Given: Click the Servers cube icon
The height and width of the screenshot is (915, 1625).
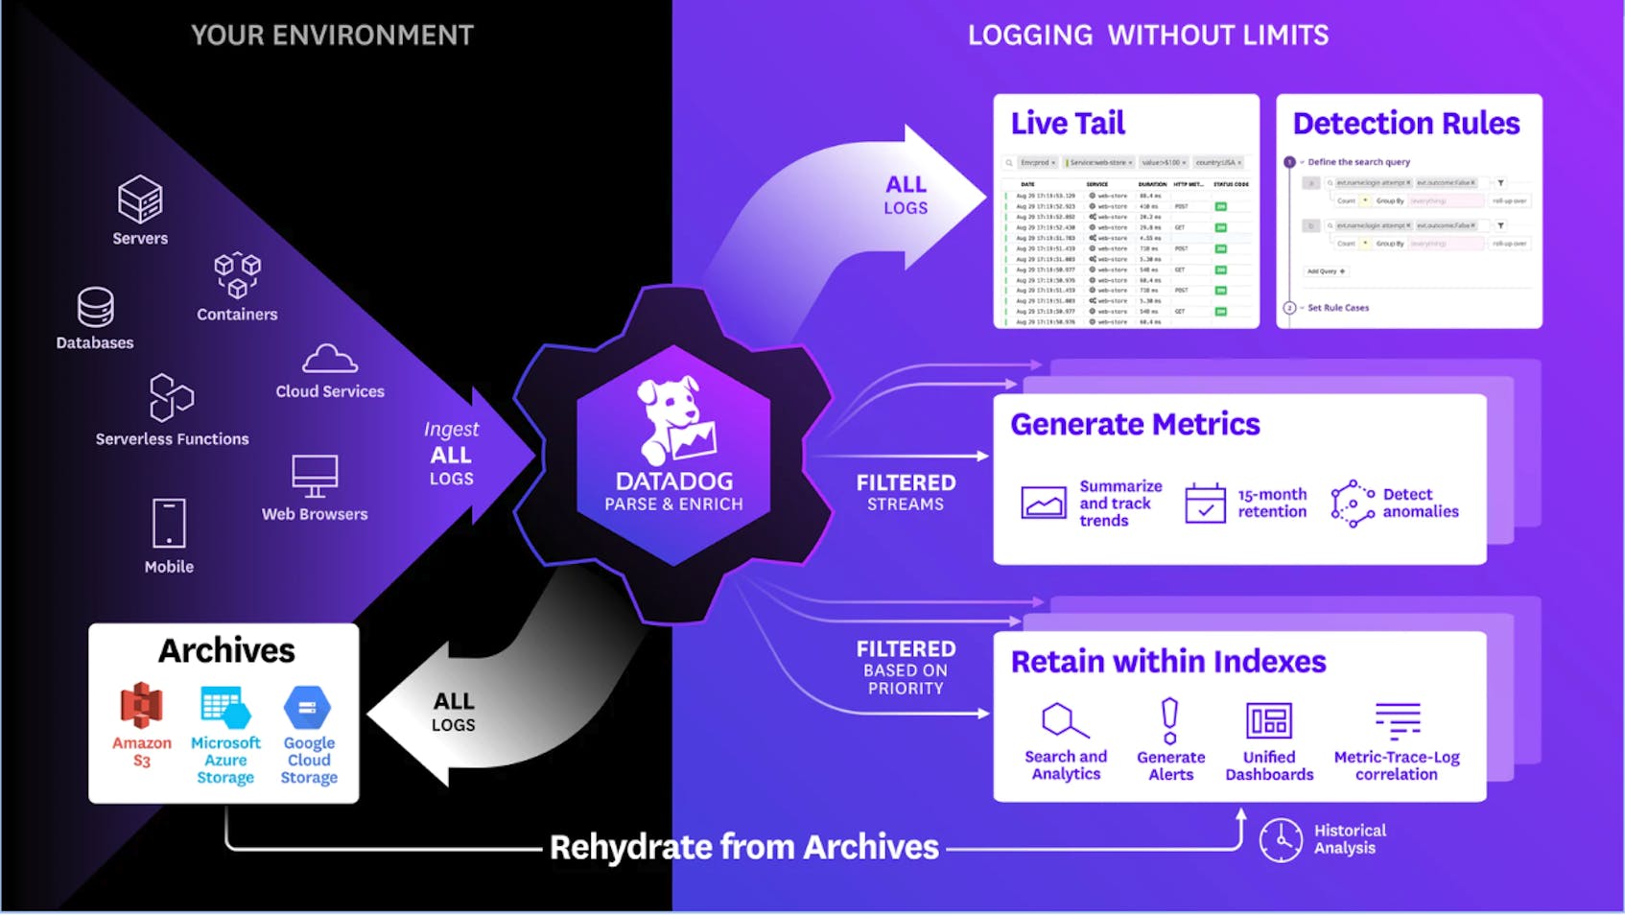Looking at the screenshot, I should tap(140, 199).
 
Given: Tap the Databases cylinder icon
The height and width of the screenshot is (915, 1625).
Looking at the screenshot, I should tap(96, 308).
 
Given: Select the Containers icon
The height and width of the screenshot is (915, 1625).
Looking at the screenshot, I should tap(237, 275).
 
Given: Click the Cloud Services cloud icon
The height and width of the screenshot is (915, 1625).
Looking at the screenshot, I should tap(330, 359).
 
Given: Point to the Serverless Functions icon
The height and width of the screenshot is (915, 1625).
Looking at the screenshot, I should tap(172, 397).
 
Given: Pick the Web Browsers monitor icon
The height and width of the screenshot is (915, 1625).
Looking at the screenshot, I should tap(315, 476).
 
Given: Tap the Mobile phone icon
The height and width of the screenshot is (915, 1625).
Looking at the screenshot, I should tap(169, 524).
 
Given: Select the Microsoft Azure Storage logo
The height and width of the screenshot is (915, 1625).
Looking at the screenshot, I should tap(225, 707).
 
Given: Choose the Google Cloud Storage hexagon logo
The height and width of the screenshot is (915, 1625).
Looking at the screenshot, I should tap(308, 708).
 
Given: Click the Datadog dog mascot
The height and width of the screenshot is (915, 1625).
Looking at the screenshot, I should tap(675, 418).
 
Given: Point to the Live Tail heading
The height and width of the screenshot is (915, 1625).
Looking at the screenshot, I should tap(1068, 124).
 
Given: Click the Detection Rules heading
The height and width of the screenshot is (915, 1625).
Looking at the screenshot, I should tap(1406, 124).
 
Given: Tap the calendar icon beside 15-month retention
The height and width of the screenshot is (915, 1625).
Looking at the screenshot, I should tap(1205, 504).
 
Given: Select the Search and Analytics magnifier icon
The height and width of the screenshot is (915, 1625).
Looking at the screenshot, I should tap(1064, 720).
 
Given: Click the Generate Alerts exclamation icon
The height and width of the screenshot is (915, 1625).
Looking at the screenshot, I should tap(1169, 721).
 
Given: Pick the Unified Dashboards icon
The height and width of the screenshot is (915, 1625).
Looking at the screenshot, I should tap(1269, 720).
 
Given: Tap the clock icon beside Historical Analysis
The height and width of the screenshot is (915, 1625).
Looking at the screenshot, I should tap(1281, 840).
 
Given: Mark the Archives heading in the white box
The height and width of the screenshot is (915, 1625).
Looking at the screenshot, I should tap(226, 650).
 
